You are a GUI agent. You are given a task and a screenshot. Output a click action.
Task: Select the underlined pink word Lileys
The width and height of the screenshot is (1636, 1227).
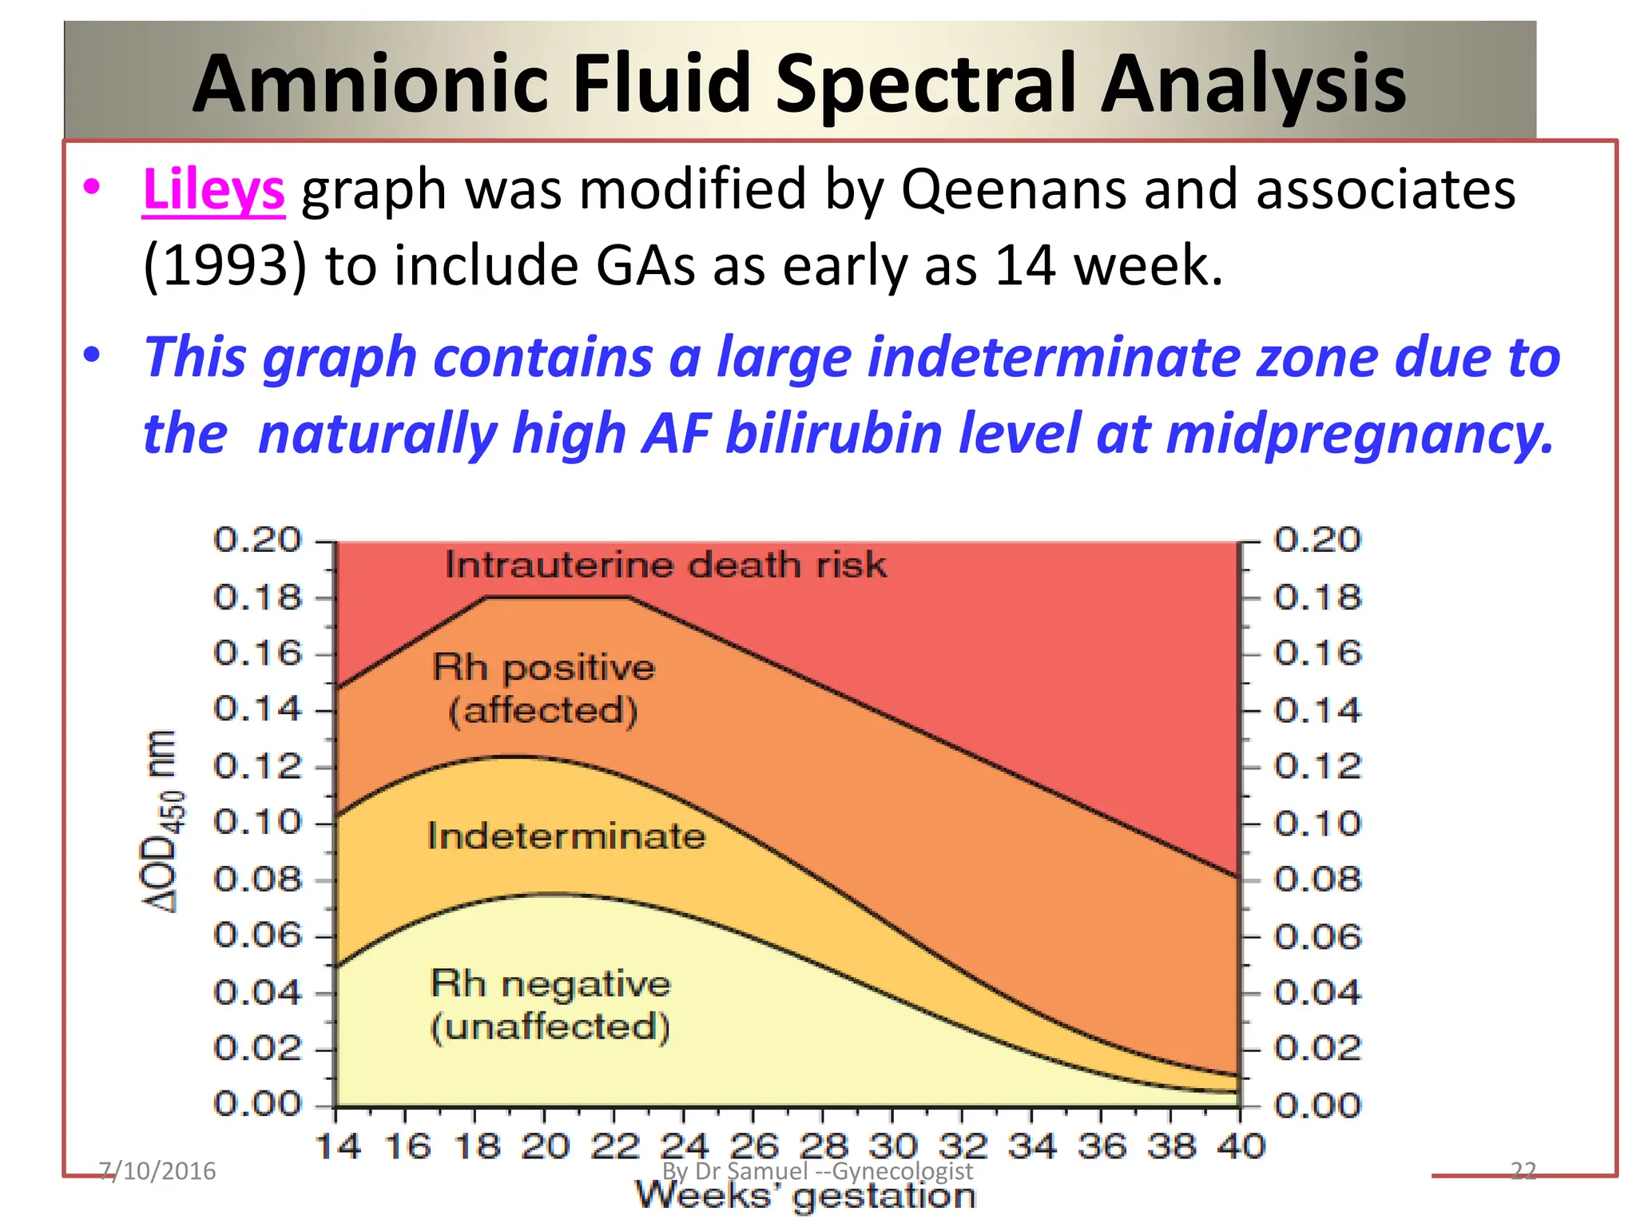coord(213,190)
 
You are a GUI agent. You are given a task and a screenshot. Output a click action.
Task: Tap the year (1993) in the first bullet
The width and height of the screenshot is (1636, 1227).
coord(224,266)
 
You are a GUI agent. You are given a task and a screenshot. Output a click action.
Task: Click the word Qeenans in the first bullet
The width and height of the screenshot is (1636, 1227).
coord(1014,190)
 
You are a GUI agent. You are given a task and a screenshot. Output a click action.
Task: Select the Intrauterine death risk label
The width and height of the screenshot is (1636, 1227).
coord(665,566)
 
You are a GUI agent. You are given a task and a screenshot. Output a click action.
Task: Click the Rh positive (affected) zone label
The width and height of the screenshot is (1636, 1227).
coord(543,689)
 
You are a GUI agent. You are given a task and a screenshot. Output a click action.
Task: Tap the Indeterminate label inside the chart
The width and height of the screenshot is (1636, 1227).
coord(566,836)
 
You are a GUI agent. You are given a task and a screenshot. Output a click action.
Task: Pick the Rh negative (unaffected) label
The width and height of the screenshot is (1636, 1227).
coord(550,1005)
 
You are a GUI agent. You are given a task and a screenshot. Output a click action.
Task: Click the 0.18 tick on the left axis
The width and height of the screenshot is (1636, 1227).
coord(258,598)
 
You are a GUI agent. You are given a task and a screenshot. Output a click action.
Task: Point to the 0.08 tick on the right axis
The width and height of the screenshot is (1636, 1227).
coord(1316,880)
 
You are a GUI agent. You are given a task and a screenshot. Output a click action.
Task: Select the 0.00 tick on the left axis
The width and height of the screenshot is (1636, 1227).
coord(258,1105)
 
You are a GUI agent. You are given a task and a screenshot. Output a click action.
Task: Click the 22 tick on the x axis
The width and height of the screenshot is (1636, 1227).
coord(614,1146)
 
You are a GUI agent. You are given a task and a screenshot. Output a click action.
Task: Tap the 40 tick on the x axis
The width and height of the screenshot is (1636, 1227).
coord(1241,1146)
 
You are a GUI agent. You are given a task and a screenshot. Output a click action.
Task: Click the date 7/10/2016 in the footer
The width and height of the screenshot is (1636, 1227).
coord(157,1171)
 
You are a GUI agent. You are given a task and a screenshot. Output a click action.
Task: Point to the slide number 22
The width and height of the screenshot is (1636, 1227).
coord(1523,1171)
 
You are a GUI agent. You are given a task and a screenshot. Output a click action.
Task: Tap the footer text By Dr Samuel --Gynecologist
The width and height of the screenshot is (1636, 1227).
coord(817,1171)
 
